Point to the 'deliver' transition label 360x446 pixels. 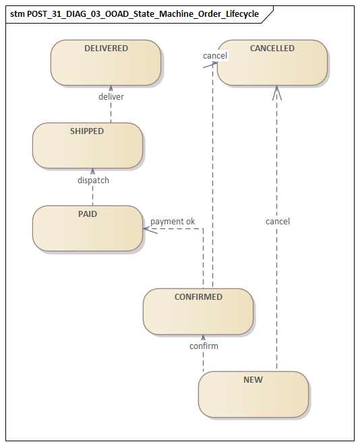(111, 96)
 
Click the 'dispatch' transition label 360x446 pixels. (93, 180)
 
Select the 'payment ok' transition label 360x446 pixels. (173, 221)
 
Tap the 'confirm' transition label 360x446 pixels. (204, 346)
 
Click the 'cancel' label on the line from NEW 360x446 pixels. (278, 221)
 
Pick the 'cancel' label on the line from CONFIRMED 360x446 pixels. (215, 55)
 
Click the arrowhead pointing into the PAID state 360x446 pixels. (146, 229)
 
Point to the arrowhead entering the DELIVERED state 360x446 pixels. (111, 88)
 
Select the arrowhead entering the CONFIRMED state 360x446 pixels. (203, 337)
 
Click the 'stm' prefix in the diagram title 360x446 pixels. (18, 13)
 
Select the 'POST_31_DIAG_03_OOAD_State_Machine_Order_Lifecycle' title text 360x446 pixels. (143, 13)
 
